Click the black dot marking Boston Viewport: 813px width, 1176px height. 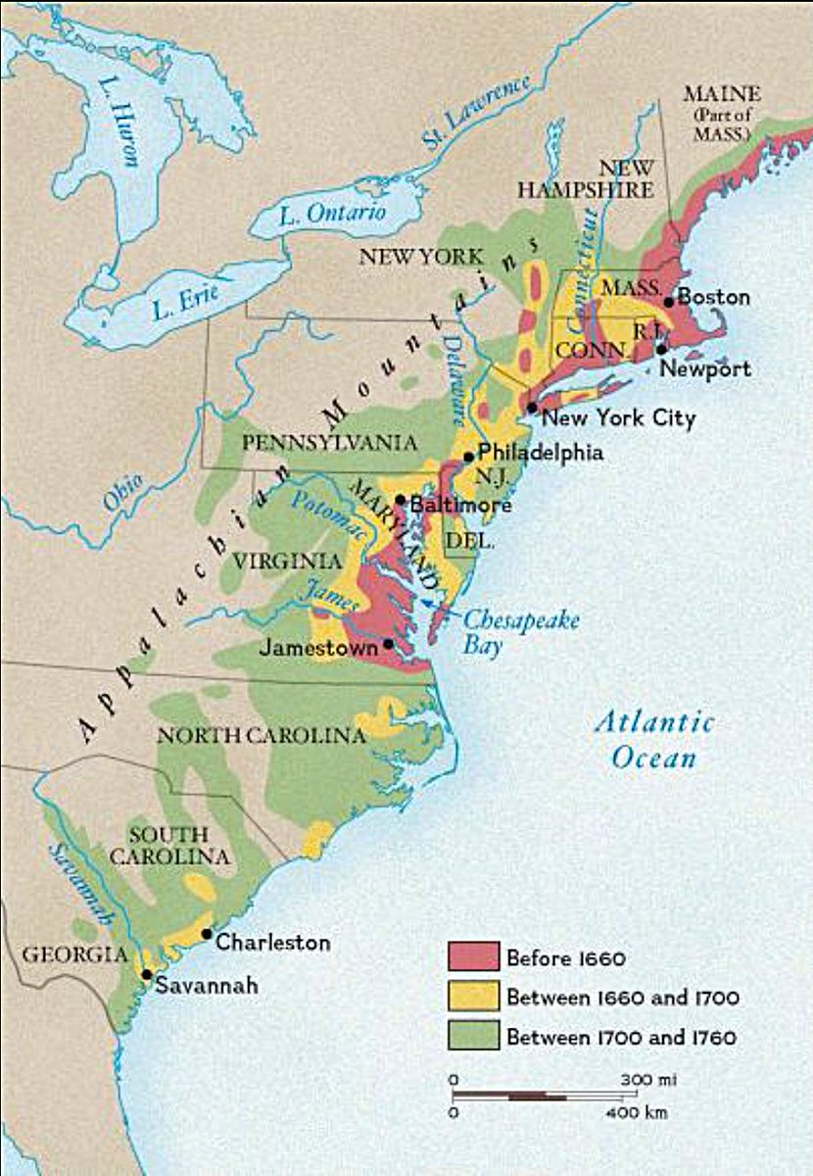click(x=668, y=302)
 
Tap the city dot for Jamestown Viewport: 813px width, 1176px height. click(x=389, y=644)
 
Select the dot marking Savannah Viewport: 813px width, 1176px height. click(x=146, y=974)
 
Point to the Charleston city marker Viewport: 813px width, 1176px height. click(x=207, y=934)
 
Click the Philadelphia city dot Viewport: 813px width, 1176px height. click(x=469, y=457)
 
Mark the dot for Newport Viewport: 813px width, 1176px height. click(x=661, y=349)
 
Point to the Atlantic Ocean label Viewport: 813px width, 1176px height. click(x=654, y=739)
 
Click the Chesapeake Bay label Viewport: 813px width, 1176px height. click(x=520, y=633)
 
